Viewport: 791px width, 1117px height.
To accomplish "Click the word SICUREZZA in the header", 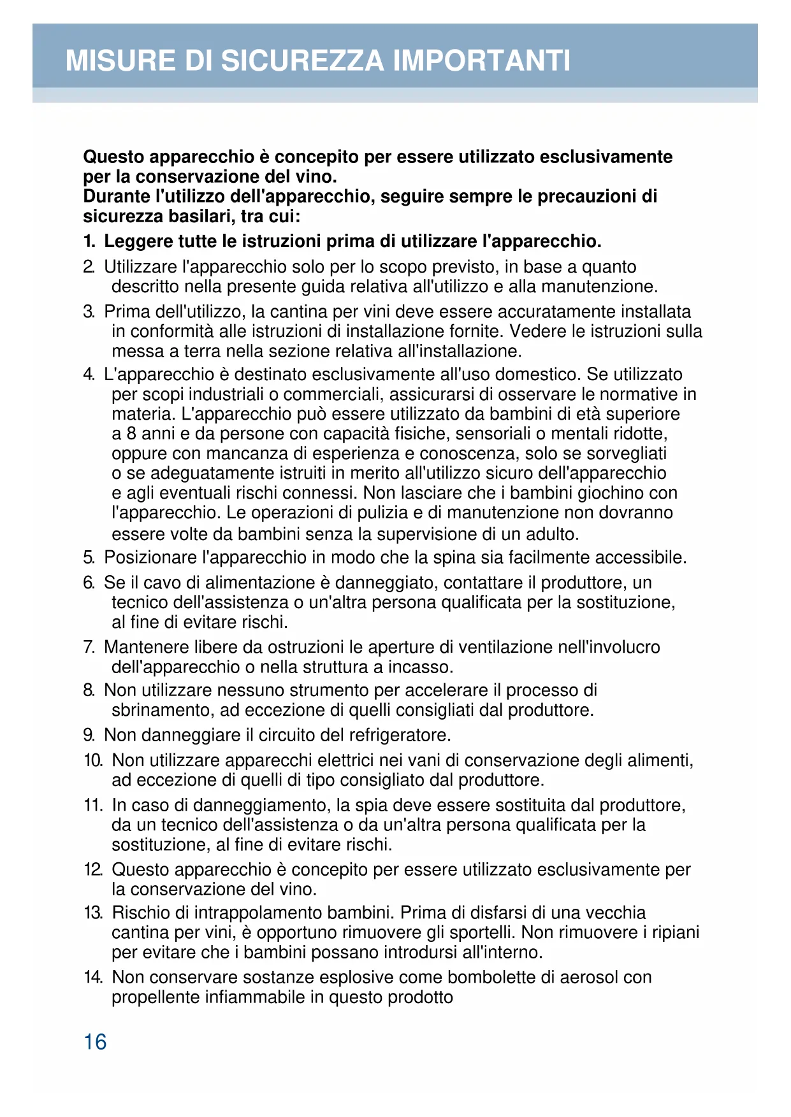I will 303,60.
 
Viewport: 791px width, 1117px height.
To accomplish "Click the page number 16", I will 95,1042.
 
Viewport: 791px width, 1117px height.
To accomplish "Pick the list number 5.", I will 89,558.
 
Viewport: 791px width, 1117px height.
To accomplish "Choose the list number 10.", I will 93,761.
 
